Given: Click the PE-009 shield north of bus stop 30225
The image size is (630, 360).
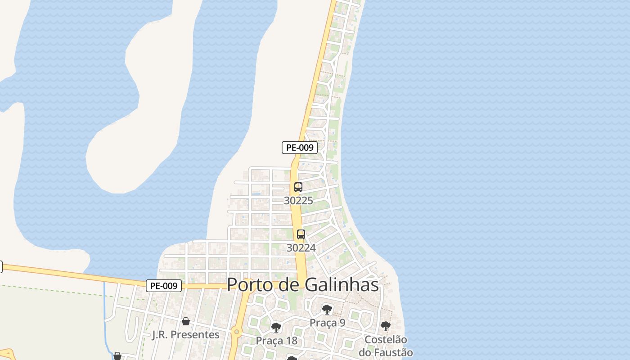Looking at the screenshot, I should click(300, 148).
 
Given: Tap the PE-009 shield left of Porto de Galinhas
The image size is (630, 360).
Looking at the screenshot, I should click(164, 286).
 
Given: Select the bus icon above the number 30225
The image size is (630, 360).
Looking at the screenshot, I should click(298, 187).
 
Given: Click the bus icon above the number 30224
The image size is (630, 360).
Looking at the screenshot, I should click(301, 234).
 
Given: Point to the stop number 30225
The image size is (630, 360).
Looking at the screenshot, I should click(298, 201).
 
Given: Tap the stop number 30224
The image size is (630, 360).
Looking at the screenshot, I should click(301, 248).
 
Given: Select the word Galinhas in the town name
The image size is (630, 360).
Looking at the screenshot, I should click(342, 285).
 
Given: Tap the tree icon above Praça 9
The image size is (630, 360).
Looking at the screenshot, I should click(327, 310).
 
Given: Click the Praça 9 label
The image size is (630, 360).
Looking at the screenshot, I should click(328, 323).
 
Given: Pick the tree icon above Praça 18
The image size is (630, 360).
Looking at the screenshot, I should click(276, 328).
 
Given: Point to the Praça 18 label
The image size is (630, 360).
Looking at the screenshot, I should click(277, 341).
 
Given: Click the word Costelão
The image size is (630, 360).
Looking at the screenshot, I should click(386, 340).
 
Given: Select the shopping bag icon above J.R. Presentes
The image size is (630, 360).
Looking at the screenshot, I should click(185, 321).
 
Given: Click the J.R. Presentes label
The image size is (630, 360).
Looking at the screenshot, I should click(186, 335).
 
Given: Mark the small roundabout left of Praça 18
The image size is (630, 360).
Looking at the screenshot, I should click(236, 332).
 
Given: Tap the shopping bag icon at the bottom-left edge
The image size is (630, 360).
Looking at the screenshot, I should click(117, 356).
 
